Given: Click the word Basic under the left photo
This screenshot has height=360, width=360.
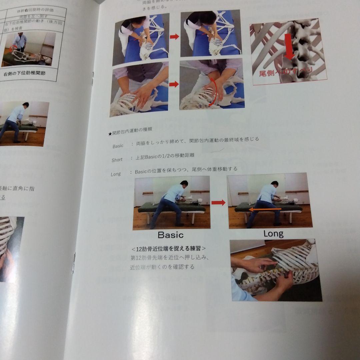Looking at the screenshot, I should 170,235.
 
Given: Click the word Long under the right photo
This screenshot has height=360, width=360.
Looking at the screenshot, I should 273,234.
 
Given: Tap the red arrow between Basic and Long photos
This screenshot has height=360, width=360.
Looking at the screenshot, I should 218,202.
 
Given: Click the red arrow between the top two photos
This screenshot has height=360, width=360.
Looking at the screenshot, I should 174,37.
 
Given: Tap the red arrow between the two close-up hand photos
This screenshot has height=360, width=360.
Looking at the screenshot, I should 174,84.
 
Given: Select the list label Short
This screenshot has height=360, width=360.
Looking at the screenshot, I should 117,160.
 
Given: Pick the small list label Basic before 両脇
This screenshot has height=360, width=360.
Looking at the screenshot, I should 118,146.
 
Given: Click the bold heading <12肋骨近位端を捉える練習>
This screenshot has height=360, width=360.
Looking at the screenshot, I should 168,249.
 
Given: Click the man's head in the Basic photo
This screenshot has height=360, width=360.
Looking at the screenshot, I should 184,183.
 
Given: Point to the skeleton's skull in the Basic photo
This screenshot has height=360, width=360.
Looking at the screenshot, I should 200,201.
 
